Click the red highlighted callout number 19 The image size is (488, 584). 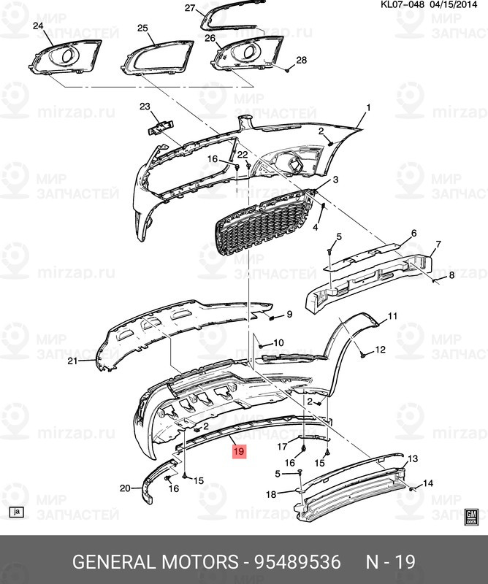coord(239,451)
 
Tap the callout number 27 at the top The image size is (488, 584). coord(190,7)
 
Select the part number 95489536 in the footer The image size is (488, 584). coord(297,561)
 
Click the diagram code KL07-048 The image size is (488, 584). coord(402,4)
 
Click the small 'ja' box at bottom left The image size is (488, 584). coord(16,512)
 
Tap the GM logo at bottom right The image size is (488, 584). coord(471,517)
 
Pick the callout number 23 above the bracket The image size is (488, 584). coord(145,107)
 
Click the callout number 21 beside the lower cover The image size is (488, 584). coord(72,361)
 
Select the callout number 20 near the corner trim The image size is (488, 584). coord(125,488)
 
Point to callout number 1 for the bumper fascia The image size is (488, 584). coord(368,108)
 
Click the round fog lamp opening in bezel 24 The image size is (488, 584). coord(67,56)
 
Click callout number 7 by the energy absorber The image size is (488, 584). coord(438,245)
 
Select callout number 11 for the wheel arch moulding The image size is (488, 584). coord(392,316)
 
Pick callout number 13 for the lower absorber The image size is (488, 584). coord(413,458)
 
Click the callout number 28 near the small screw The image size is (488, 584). coord(301,60)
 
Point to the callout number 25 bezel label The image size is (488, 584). coord(142,28)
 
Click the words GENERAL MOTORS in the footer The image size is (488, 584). coord(155,561)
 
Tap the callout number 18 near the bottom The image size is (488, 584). coord(271,494)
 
